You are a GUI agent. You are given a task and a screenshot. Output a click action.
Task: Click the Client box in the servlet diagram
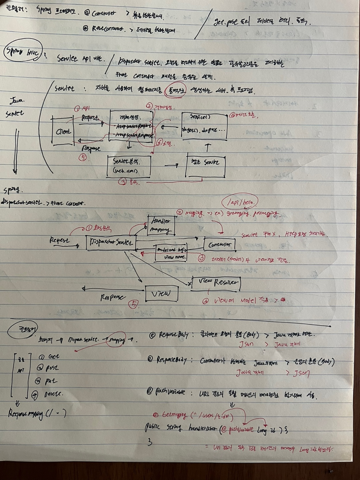pyautogui.click(x=63, y=131)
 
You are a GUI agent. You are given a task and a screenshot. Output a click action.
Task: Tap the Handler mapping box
pyautogui.click(x=161, y=225)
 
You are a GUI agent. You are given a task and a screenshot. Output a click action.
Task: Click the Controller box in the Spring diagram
pyautogui.click(x=219, y=245)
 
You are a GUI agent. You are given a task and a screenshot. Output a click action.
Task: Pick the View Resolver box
pyautogui.click(x=216, y=283)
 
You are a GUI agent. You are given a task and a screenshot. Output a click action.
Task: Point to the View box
pyautogui.click(x=162, y=294)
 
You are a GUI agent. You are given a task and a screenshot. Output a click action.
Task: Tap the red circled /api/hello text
pyautogui.click(x=240, y=202)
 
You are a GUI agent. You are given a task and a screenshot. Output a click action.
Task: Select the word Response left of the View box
pyautogui.click(x=113, y=297)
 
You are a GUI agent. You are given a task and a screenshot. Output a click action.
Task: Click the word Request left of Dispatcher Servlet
pyautogui.click(x=60, y=240)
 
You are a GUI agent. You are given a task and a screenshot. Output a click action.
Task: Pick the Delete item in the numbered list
pyautogui.click(x=53, y=394)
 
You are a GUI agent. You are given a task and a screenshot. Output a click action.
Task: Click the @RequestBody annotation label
pyautogui.click(x=169, y=335)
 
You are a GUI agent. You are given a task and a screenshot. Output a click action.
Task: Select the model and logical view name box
pyautogui.click(x=171, y=253)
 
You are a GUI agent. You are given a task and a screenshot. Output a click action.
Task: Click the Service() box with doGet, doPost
pyautogui.click(x=204, y=126)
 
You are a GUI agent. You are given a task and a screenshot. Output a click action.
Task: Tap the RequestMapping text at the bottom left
pyautogui.click(x=37, y=414)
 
